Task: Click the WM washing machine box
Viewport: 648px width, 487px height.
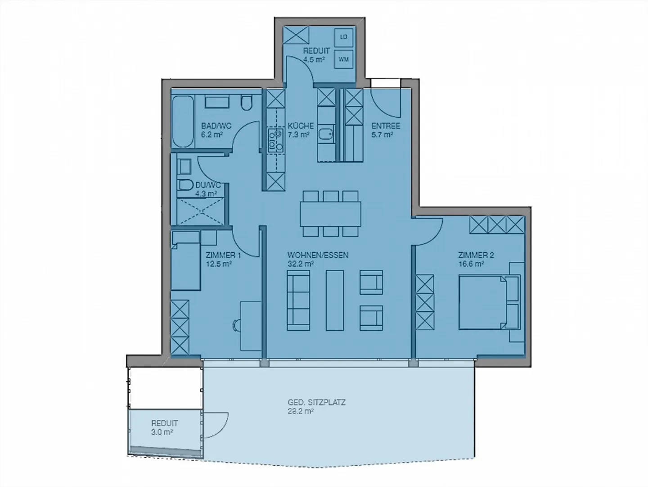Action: (x=344, y=59)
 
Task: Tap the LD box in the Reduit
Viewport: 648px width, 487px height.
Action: (x=344, y=37)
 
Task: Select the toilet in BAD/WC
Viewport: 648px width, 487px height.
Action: (x=246, y=103)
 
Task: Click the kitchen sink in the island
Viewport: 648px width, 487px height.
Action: (x=326, y=134)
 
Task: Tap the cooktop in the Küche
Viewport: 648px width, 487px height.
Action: (x=275, y=140)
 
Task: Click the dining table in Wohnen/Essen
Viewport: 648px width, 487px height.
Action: (x=331, y=214)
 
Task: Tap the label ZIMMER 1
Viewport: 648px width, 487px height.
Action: (x=223, y=255)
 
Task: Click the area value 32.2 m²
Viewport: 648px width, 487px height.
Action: (x=301, y=264)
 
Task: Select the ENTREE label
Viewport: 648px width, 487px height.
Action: (x=386, y=126)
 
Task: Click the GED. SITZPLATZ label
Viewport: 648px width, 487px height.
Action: (x=317, y=402)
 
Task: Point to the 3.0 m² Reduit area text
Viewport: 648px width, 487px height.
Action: (x=162, y=432)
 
